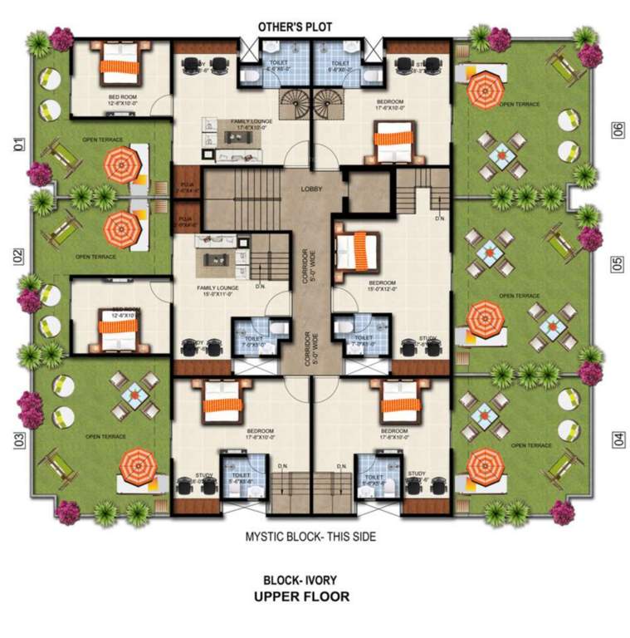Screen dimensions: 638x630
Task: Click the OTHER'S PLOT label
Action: [x=295, y=27]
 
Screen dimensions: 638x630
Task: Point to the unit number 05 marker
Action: [x=617, y=263]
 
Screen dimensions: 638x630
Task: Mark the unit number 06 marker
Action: [x=617, y=130]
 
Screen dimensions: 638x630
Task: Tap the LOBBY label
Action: [x=311, y=189]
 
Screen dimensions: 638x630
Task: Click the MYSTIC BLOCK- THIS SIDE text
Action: [x=310, y=537]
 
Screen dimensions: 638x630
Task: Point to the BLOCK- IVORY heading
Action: [x=300, y=580]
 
